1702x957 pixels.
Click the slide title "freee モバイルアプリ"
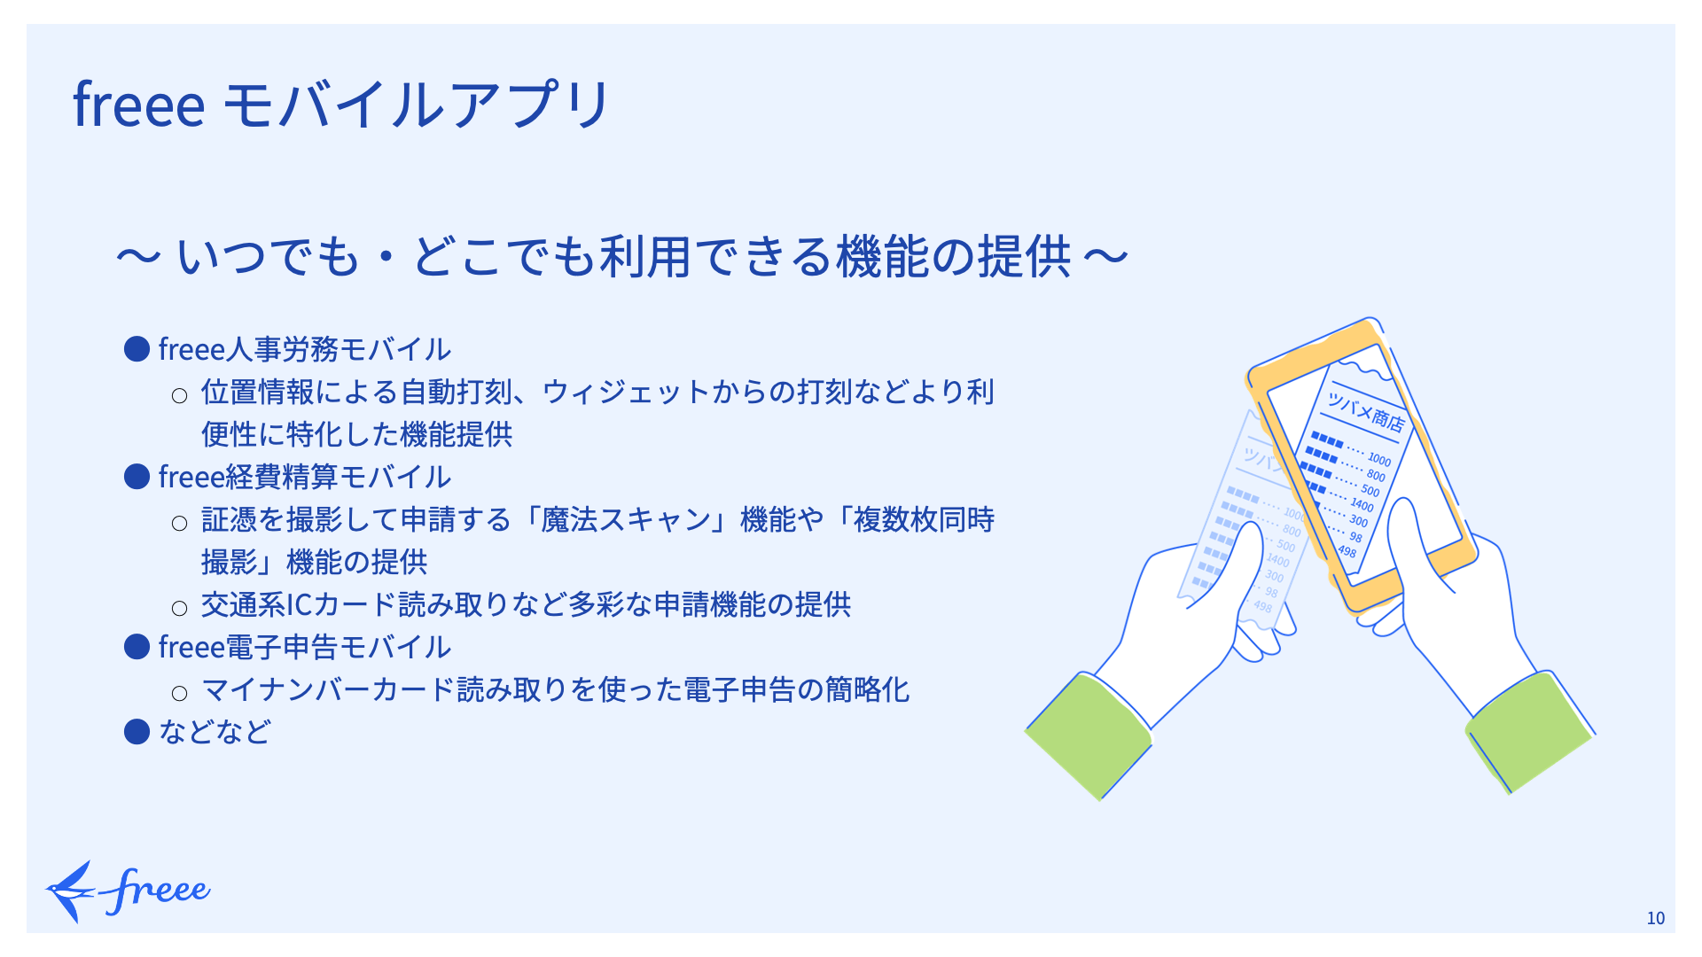pyautogui.click(x=341, y=105)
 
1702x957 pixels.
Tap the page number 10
pyautogui.click(x=1655, y=918)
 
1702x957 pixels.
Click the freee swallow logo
pyautogui.click(x=128, y=891)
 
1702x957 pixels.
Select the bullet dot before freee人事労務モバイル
pyautogui.click(x=137, y=349)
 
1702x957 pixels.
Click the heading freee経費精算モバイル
pyautogui.click(x=304, y=477)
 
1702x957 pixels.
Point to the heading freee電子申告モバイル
pyautogui.click(x=304, y=647)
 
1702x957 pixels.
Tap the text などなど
pyautogui.click(x=215, y=732)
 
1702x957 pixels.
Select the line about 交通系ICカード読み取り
pyautogui.click(x=526, y=604)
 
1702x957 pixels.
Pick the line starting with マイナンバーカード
pyautogui.click(x=556, y=689)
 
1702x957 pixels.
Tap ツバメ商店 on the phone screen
pyautogui.click(x=1365, y=411)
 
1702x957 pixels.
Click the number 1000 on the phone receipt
pyautogui.click(x=1379, y=459)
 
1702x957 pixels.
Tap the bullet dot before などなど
pyautogui.click(x=137, y=732)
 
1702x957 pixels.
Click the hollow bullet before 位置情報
pyautogui.click(x=179, y=395)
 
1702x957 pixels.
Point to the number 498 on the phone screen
pyautogui.click(x=1347, y=551)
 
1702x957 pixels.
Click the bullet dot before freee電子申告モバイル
pyautogui.click(x=137, y=647)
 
